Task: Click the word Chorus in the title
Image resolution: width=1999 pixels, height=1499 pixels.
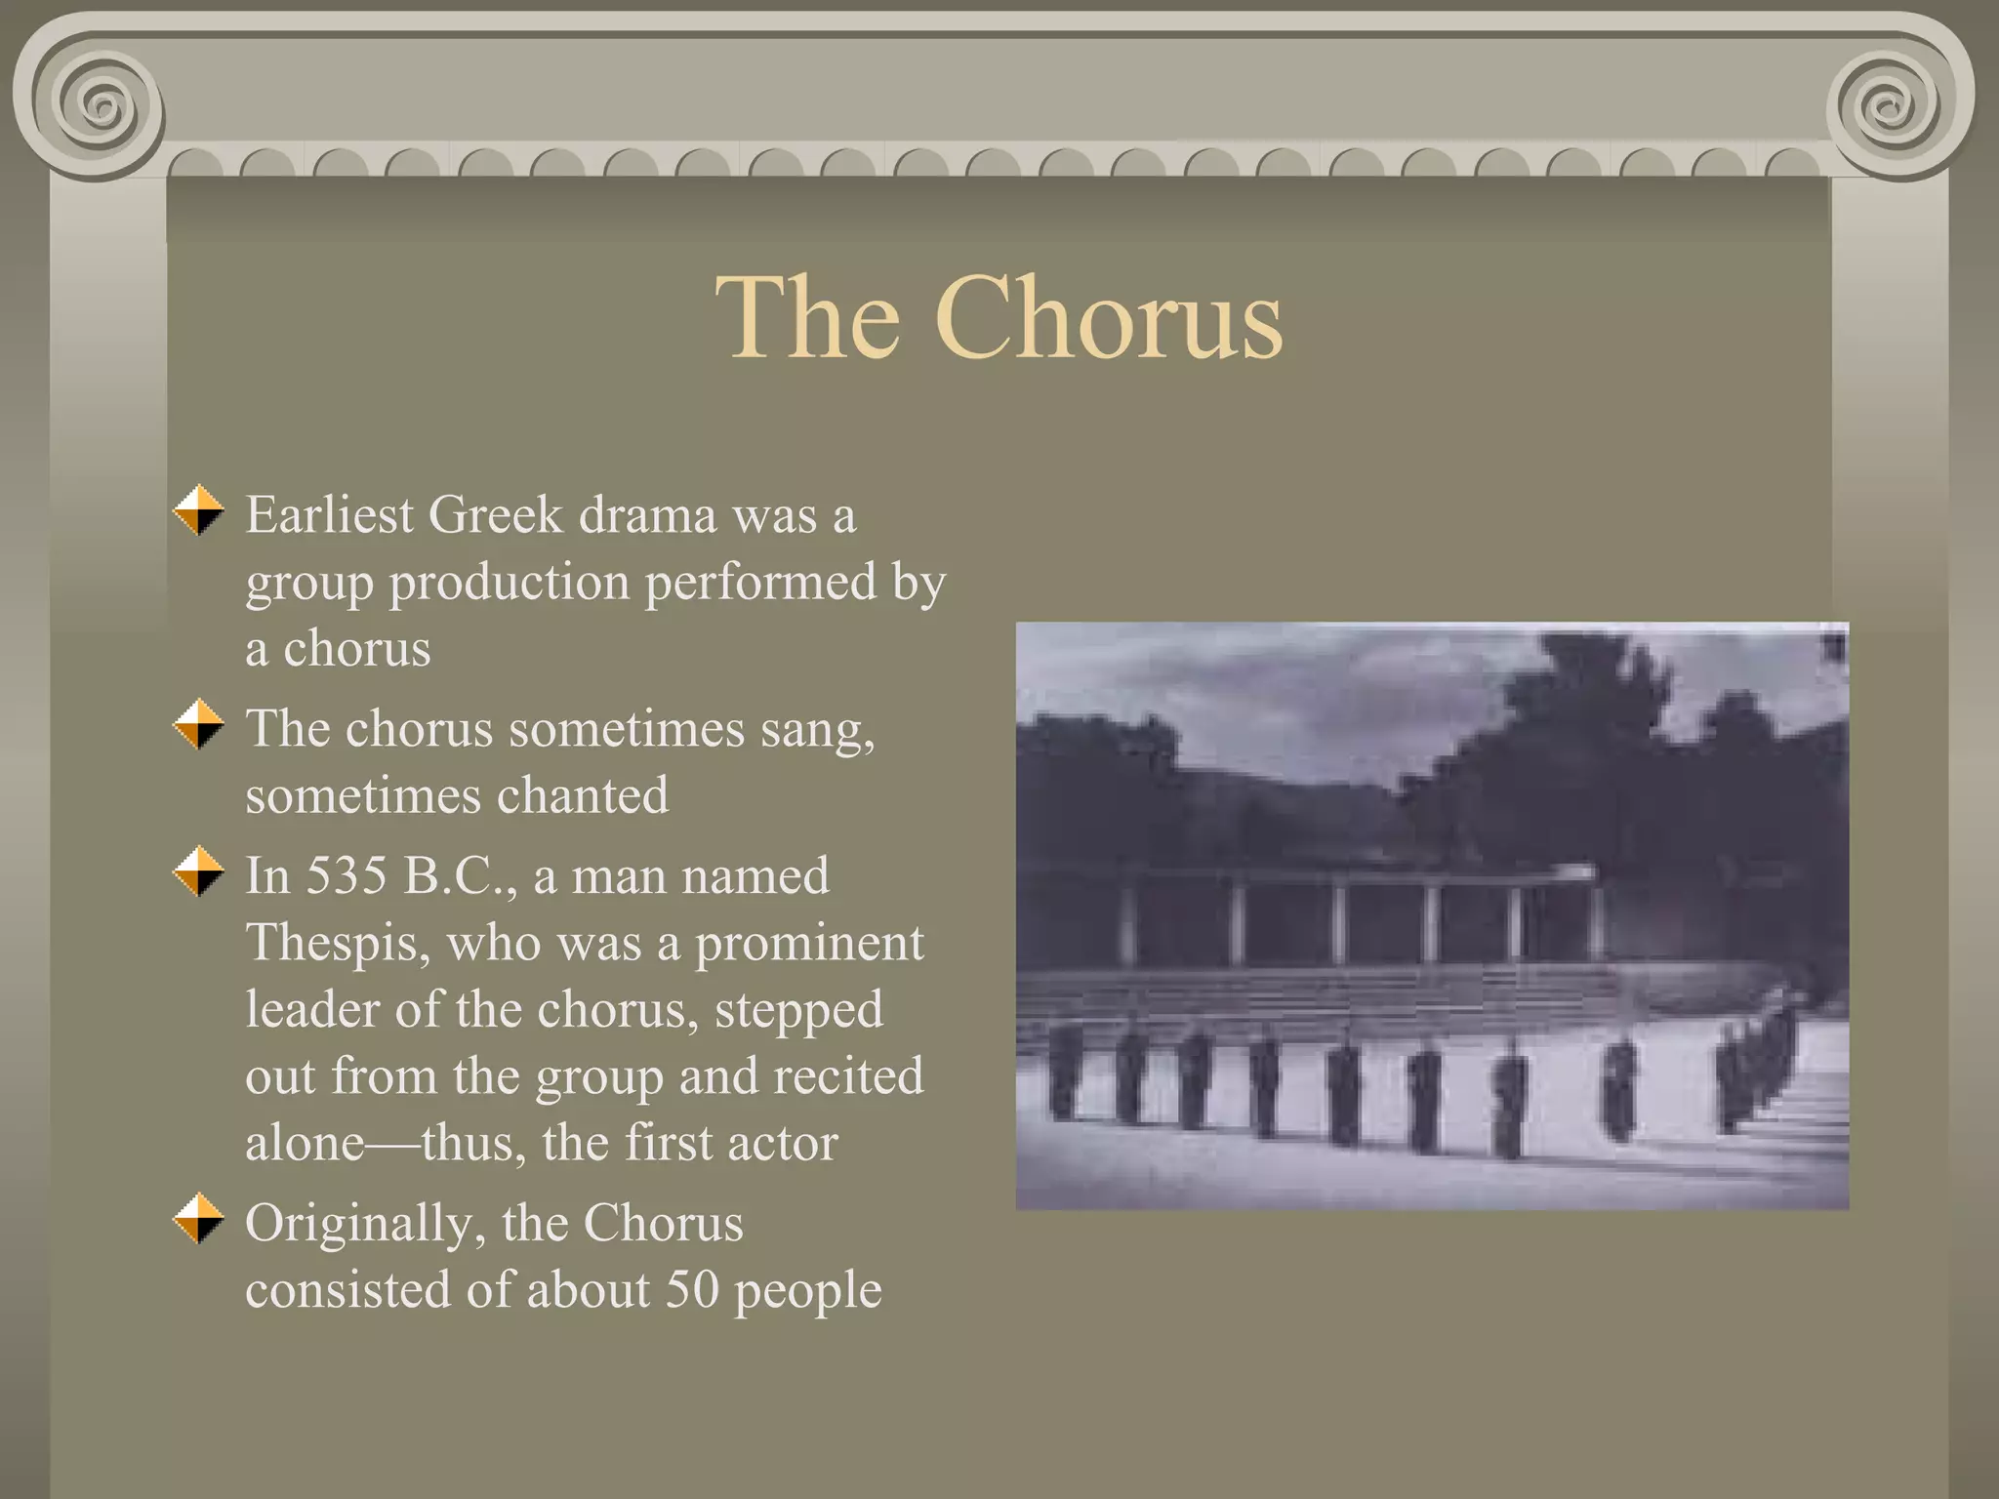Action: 1108,317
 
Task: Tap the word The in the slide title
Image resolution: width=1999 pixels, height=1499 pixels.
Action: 807,317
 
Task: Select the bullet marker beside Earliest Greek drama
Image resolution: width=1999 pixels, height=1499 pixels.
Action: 199,510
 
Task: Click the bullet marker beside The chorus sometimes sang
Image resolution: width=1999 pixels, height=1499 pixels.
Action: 199,724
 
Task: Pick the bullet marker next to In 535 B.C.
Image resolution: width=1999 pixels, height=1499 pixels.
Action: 199,871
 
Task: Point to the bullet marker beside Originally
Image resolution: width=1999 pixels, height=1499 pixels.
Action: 199,1218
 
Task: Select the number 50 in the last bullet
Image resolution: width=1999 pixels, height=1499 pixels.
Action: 691,1289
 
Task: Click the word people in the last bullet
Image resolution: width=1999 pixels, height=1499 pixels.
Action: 807,1291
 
